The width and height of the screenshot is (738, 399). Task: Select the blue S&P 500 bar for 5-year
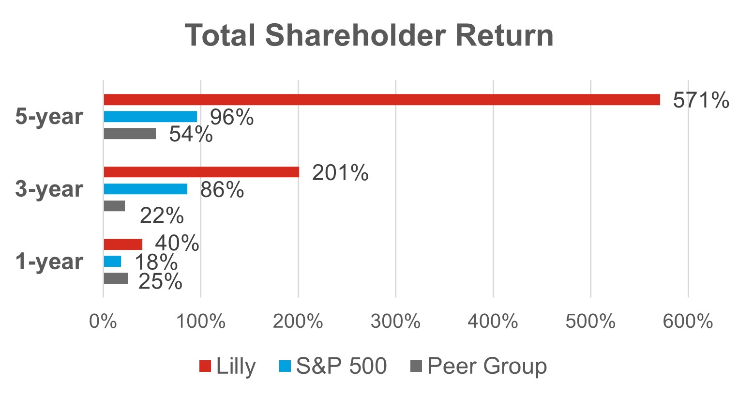tap(150, 117)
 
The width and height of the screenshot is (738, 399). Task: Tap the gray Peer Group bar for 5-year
tap(130, 134)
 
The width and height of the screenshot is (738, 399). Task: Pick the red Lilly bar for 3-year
tap(201, 172)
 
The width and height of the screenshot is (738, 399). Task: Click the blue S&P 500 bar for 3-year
tap(145, 189)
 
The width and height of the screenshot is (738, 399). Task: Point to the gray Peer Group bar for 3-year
tap(114, 206)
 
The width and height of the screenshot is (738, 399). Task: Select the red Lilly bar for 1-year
tap(123, 244)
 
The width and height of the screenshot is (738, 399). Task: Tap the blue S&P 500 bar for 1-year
tap(112, 261)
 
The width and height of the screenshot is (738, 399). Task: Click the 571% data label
tap(700, 101)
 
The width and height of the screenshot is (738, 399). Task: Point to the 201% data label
tap(340, 173)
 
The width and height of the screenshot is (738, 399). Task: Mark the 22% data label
tap(162, 216)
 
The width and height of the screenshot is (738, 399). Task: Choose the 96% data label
tap(231, 118)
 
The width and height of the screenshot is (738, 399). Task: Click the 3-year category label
tap(49, 189)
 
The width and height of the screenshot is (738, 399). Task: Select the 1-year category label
tap(49, 261)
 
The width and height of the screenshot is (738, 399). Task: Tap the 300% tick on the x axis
tap(395, 321)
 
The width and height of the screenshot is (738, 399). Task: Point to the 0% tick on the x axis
tap(103, 321)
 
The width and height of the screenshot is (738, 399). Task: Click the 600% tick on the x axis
tap(688, 321)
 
